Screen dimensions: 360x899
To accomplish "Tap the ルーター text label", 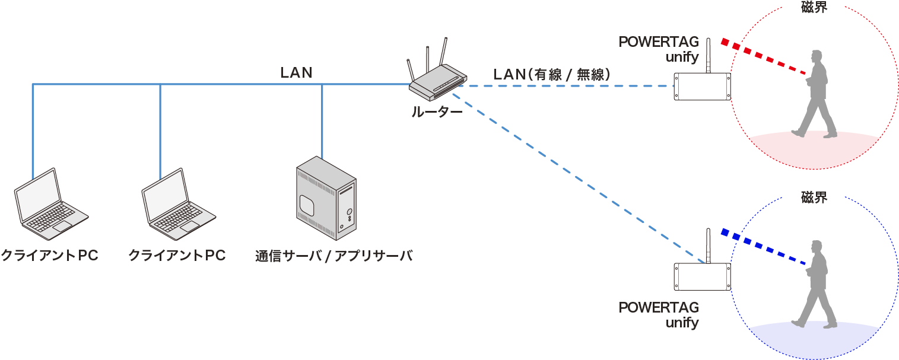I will (x=437, y=111).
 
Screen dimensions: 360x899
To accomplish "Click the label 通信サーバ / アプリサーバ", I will (x=333, y=256).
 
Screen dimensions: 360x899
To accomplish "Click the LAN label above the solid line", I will (x=296, y=72).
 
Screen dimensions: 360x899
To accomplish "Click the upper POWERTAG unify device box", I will (x=702, y=87).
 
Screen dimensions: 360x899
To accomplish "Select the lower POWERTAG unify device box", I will (x=702, y=276).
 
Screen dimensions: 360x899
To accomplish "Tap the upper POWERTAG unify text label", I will (x=659, y=49).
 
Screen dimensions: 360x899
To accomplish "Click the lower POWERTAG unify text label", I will (x=659, y=315).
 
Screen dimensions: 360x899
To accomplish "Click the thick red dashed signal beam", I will (x=763, y=58).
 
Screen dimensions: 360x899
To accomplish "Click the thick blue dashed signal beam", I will (x=763, y=247).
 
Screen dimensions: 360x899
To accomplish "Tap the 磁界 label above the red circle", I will (x=814, y=7).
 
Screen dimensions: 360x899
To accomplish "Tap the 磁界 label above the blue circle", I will (x=814, y=197).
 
